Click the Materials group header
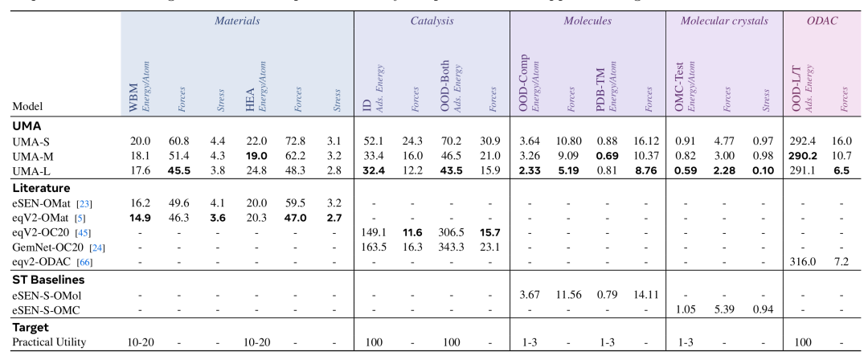(237, 21)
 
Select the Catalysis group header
(432, 21)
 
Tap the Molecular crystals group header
(724, 21)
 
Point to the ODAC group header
(822, 21)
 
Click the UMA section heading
(27, 125)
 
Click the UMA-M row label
(32, 155)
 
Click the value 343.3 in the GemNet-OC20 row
(453, 247)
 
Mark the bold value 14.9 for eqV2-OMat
(141, 216)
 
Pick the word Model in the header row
(28, 105)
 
